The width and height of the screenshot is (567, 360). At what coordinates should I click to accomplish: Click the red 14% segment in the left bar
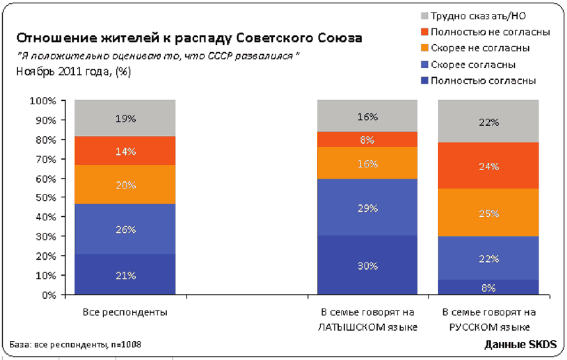125,151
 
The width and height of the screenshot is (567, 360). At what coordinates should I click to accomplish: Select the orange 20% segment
125,185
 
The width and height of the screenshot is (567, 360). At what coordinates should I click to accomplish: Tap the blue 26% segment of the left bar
125,229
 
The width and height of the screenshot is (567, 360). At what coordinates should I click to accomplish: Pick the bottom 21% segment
125,274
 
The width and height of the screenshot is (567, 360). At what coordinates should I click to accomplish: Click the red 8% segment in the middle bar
367,139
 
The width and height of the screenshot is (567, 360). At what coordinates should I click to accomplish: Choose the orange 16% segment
367,163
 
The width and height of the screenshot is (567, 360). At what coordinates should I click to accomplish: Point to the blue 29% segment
367,208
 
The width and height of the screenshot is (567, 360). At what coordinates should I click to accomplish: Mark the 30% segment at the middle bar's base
367,266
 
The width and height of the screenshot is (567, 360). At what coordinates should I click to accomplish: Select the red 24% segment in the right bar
489,165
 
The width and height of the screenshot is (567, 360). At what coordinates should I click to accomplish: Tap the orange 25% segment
489,212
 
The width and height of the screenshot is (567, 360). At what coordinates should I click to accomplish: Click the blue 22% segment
489,258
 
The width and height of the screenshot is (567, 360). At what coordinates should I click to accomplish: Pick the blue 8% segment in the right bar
489,287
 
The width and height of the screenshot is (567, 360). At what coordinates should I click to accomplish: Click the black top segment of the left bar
125,119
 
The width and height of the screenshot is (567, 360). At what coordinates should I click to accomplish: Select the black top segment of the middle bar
367,117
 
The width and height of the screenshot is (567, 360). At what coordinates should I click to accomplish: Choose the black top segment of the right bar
489,122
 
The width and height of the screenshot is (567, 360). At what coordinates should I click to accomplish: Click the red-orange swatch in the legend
424,32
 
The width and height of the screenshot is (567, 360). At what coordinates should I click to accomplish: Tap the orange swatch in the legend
424,48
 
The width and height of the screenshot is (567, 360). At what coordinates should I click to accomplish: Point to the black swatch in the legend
424,15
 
